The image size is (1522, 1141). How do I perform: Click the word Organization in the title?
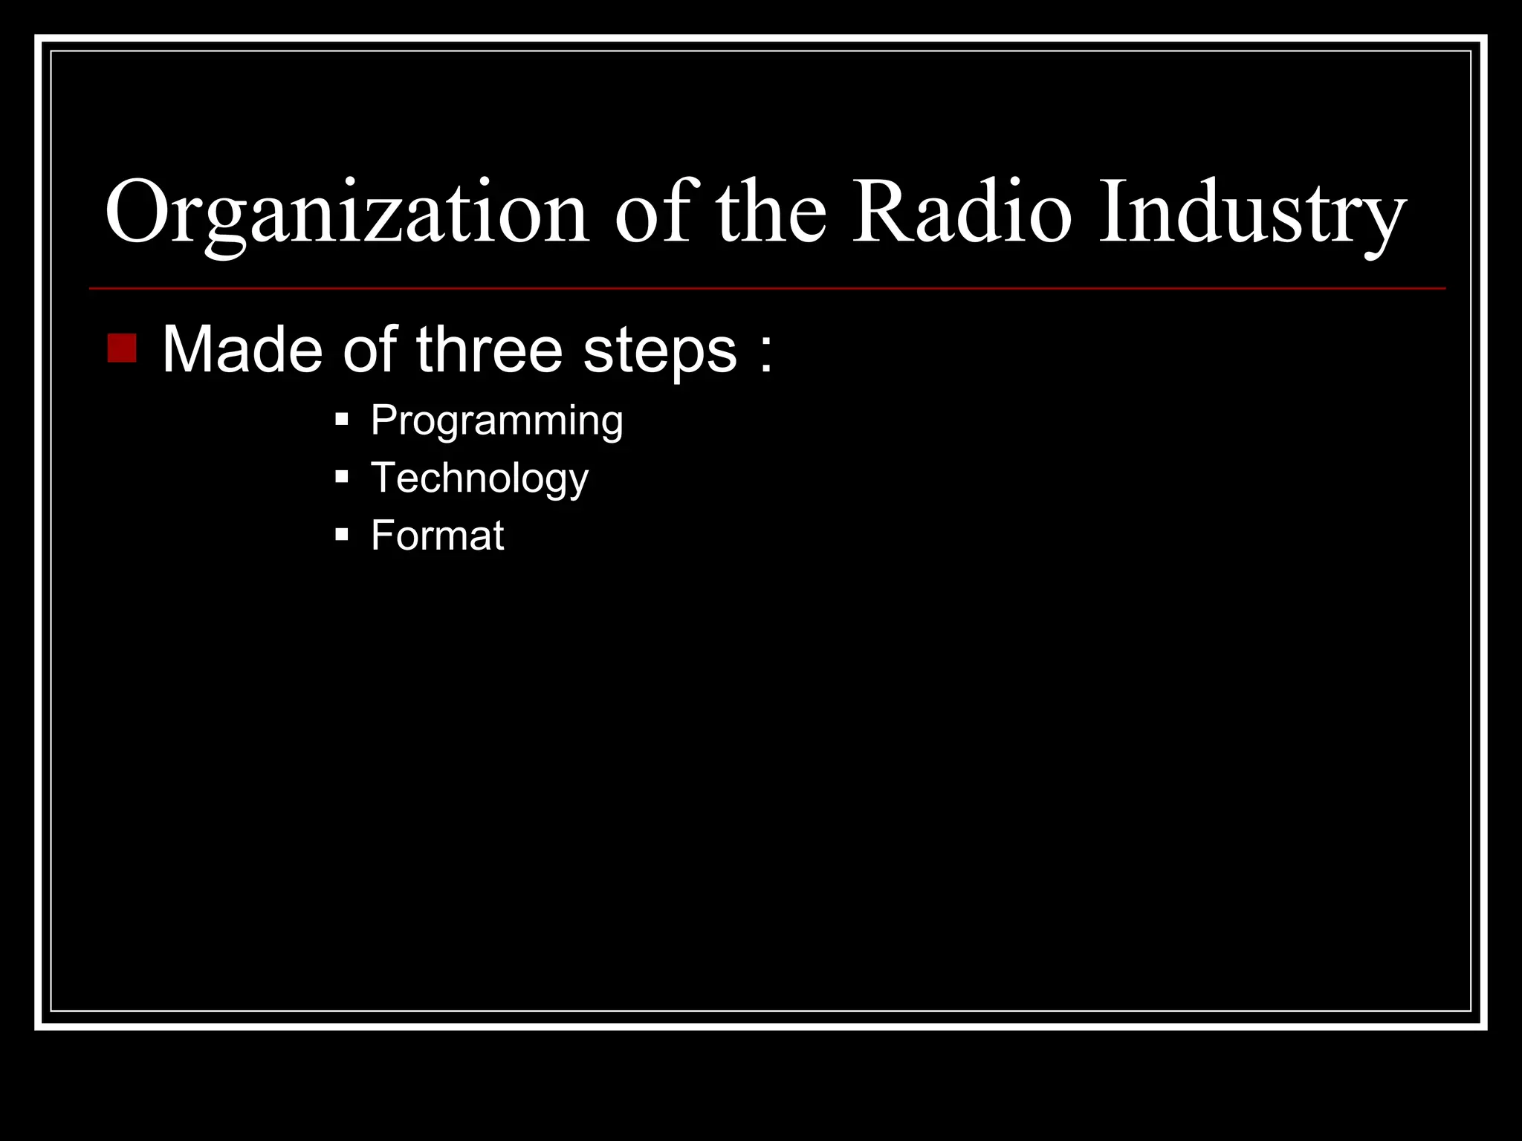coord(347,213)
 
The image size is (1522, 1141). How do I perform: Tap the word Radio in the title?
coord(962,213)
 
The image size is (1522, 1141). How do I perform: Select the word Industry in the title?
coord(1252,213)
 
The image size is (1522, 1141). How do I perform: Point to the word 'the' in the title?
coord(771,213)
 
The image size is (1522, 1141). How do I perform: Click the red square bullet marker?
coord(122,348)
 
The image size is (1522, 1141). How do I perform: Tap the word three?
coord(490,350)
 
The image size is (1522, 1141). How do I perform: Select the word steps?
coord(661,351)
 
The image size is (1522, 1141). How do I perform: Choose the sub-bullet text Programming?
coord(496,421)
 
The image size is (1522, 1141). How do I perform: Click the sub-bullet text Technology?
coord(479,478)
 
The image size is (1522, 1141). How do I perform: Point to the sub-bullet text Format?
coord(437,536)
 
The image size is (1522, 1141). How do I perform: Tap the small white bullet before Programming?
coord(342,420)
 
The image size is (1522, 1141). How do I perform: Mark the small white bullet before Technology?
coord(342,477)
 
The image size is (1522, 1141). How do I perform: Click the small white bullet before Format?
coord(342,534)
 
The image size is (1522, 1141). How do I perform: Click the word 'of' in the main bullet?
coord(369,350)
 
